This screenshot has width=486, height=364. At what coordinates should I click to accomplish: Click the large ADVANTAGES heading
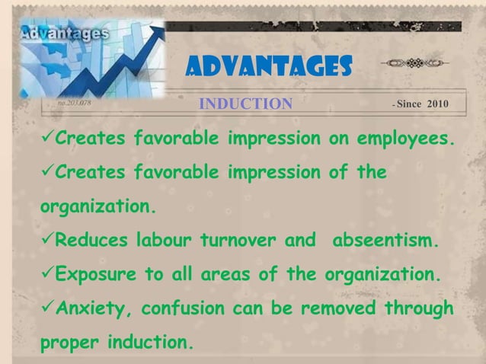pyautogui.click(x=268, y=72)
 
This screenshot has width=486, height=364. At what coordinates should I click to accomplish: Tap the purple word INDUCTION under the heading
pyautogui.click(x=245, y=104)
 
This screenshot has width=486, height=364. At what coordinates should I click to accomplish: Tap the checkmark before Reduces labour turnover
pyautogui.click(x=46, y=242)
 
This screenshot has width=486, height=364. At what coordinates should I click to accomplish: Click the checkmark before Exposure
pyautogui.click(x=46, y=276)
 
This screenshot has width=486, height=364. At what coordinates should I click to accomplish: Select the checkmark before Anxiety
pyautogui.click(x=46, y=309)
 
